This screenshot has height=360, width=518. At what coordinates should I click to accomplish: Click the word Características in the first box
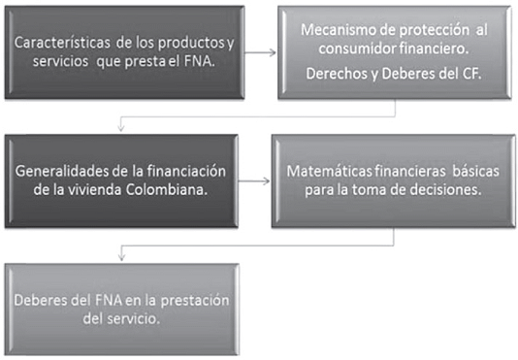pos(62,43)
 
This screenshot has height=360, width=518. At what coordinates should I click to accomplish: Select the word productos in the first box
pos(191,44)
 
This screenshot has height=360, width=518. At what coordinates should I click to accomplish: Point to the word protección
pos(435,30)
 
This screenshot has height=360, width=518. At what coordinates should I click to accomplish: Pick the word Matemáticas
pos(330,171)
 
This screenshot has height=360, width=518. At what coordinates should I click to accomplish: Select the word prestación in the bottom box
pos(195,301)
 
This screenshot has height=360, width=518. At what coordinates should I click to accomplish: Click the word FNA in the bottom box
pos(109,300)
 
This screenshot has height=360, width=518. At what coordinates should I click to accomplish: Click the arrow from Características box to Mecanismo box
pos(260,52)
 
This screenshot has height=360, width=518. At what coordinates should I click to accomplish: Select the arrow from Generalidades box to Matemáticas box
pos(254,181)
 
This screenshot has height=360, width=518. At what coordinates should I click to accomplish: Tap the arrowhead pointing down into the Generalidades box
pos(121,128)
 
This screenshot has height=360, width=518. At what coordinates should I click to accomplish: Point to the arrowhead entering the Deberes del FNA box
pos(121,257)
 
